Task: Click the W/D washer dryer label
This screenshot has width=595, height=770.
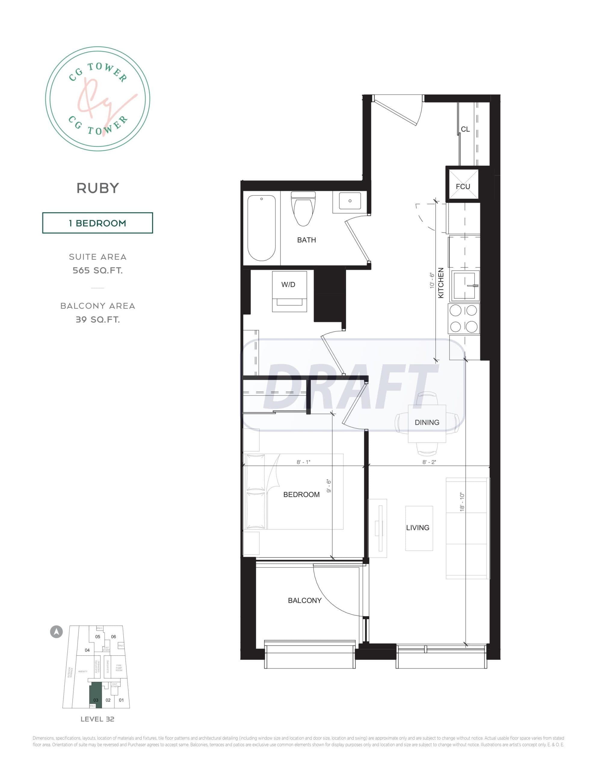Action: coord(288,285)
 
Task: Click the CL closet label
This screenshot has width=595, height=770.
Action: coord(465,129)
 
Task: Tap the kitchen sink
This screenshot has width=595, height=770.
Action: coord(466,286)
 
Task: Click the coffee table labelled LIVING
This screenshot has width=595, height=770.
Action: coord(419,528)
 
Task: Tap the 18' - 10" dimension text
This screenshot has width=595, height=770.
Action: coord(462,502)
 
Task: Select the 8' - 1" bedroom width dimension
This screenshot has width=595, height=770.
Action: coord(303,462)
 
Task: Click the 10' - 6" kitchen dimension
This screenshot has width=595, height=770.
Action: coord(432,281)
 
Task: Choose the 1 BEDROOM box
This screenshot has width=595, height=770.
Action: coord(97,223)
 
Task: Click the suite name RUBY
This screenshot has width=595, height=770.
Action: coord(98,188)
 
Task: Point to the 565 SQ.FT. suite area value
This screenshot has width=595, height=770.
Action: coord(98,270)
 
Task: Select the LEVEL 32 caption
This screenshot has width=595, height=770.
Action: coord(97,719)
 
